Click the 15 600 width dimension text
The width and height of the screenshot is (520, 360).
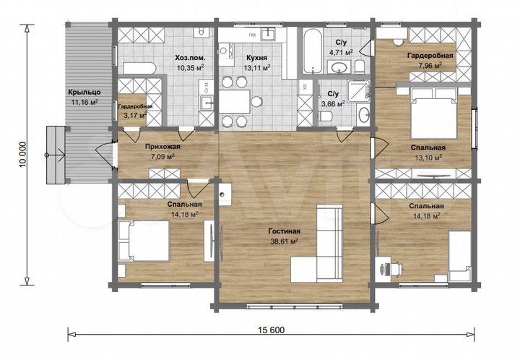[271, 330]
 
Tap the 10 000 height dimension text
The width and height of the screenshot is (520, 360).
[22, 155]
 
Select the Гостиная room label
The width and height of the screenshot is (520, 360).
[285, 231]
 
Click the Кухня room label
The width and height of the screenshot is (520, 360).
[256, 58]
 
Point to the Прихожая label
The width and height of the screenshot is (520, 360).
[162, 146]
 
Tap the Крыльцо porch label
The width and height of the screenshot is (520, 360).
[84, 92]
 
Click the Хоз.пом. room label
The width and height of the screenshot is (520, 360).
[190, 58]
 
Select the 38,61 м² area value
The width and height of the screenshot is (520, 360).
[285, 241]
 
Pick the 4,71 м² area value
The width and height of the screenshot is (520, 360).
[341, 53]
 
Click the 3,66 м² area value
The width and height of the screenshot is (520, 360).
[333, 104]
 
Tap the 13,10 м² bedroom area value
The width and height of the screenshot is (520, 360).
[428, 158]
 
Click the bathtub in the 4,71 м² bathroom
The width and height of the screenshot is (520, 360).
[312, 51]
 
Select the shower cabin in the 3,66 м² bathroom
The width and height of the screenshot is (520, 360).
[358, 89]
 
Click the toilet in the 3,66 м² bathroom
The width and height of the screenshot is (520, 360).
[325, 116]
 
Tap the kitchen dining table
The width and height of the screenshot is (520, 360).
[235, 101]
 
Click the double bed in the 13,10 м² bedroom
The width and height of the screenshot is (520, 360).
[435, 113]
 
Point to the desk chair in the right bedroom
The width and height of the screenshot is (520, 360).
[396, 268]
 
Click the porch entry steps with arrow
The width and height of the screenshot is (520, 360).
[55, 155]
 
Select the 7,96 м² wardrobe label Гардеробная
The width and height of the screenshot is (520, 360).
[430, 56]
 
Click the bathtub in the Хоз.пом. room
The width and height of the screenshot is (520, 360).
[139, 68]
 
